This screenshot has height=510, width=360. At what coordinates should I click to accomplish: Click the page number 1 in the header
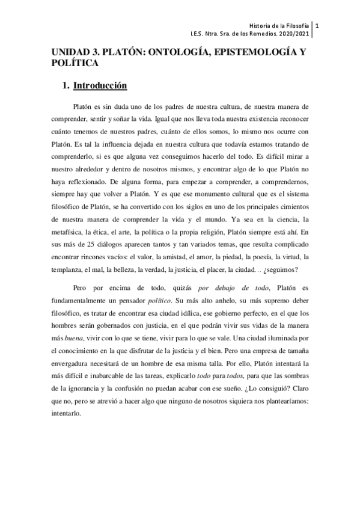coord(317,26)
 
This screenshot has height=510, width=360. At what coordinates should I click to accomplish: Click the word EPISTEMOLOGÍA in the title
coord(237,52)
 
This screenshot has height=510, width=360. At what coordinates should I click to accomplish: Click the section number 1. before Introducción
coord(66,85)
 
